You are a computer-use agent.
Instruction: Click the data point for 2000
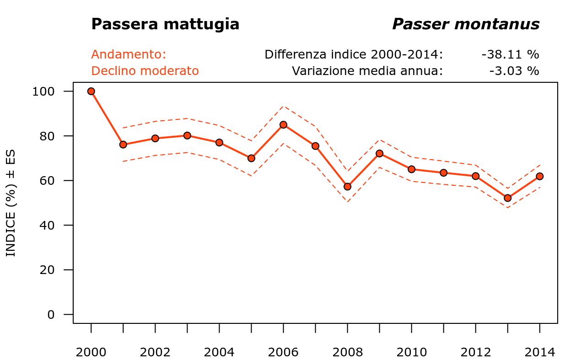click(91, 91)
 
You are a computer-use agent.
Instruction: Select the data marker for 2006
click(283, 124)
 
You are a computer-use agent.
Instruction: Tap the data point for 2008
click(347, 186)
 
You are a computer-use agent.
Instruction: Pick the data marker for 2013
click(507, 198)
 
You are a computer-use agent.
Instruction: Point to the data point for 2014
click(539, 176)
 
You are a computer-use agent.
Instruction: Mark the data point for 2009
click(379, 153)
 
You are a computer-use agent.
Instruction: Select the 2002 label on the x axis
click(155, 352)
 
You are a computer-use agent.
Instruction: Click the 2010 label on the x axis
click(411, 352)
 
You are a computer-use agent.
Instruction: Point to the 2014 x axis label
click(539, 352)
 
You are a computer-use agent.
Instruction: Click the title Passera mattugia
click(165, 24)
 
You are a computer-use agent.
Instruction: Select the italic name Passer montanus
click(466, 24)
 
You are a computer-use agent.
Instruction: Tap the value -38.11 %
click(510, 54)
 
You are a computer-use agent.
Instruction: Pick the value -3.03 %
click(514, 71)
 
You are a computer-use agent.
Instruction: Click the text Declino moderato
click(145, 71)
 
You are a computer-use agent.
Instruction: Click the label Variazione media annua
click(367, 71)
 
